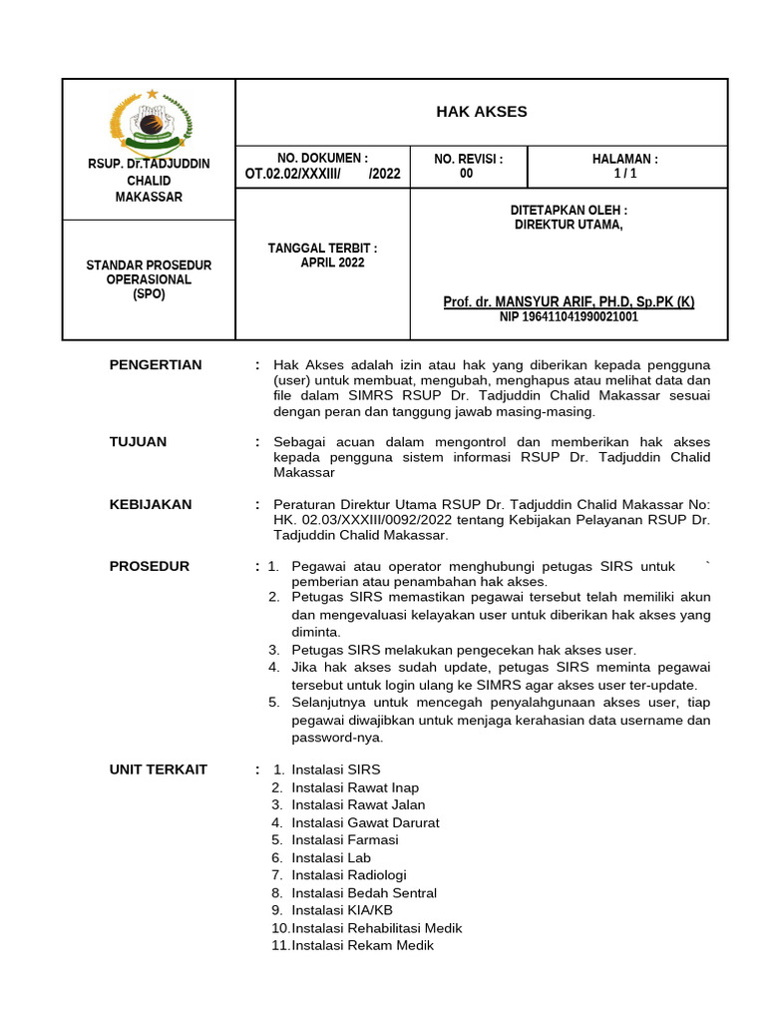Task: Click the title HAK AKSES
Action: [481, 112]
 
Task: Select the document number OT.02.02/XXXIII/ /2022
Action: [322, 174]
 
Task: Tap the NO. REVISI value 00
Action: [467, 174]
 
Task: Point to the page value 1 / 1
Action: [625, 174]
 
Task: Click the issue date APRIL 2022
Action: [332, 263]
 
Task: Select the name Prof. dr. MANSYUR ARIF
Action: [569, 301]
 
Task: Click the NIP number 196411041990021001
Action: [569, 317]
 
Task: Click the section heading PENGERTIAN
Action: [156, 365]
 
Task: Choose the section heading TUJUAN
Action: [139, 442]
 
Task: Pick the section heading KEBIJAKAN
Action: [151, 505]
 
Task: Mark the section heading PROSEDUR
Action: [149, 567]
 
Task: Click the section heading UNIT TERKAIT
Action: [159, 769]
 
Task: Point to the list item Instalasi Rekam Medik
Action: [362, 945]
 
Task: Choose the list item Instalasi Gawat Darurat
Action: [365, 822]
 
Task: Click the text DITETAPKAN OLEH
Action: [569, 211]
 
